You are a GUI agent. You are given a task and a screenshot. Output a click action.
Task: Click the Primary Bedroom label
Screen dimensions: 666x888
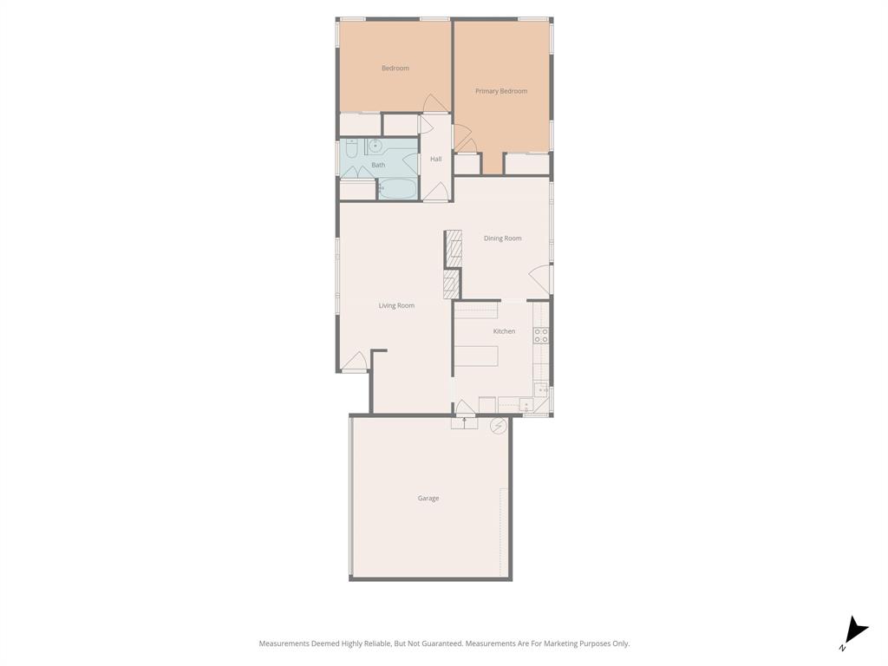tap(501, 91)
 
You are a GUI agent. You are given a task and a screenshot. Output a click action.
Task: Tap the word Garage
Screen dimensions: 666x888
tap(428, 499)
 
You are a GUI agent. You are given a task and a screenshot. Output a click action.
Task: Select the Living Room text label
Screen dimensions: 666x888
tap(396, 305)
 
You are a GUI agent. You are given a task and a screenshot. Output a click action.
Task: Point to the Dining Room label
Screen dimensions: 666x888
tap(503, 238)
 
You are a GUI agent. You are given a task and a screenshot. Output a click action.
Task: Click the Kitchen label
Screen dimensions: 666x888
tap(504, 331)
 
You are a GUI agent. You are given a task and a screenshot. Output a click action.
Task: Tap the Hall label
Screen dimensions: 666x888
tap(436, 159)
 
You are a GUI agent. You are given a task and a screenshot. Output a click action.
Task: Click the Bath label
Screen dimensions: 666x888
tap(378, 165)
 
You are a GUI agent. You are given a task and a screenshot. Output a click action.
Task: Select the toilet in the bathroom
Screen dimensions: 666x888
tap(350, 149)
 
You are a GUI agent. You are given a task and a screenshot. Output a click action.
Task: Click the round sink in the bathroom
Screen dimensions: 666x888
tap(375, 146)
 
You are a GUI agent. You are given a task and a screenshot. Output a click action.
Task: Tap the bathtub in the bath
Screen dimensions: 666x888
tap(398, 188)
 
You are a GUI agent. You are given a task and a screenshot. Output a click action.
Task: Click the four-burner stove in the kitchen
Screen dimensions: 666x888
tap(541, 336)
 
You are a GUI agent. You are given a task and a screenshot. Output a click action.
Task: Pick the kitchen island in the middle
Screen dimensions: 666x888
tap(476, 356)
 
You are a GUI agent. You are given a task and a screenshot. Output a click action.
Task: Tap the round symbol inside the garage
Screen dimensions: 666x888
tap(499, 426)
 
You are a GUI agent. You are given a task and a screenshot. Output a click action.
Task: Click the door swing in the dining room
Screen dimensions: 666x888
tap(539, 279)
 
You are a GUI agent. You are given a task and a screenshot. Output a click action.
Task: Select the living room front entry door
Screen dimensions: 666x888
tap(354, 362)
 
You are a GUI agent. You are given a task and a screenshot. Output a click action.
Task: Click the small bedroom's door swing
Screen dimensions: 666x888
tap(435, 103)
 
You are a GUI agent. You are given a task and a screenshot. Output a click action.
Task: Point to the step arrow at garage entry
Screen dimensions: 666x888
tap(464, 423)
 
